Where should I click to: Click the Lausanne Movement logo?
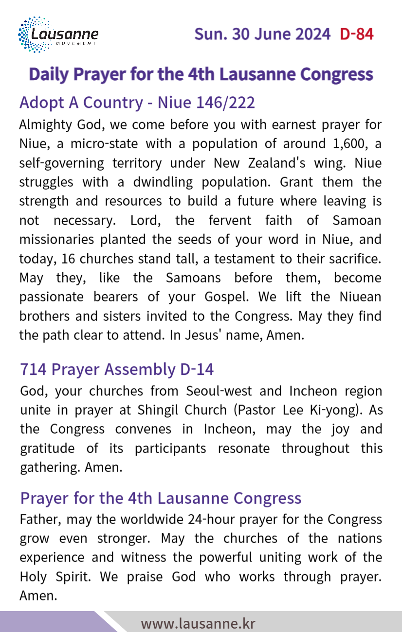(58, 35)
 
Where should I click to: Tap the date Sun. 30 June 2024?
(262, 34)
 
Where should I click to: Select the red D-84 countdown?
(357, 34)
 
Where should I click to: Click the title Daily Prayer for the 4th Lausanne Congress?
(201, 74)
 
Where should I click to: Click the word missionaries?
(55, 240)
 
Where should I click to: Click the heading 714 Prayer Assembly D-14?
(117, 369)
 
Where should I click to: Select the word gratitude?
(47, 448)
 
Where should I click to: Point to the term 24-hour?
(210, 519)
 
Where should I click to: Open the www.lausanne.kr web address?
(198, 623)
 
